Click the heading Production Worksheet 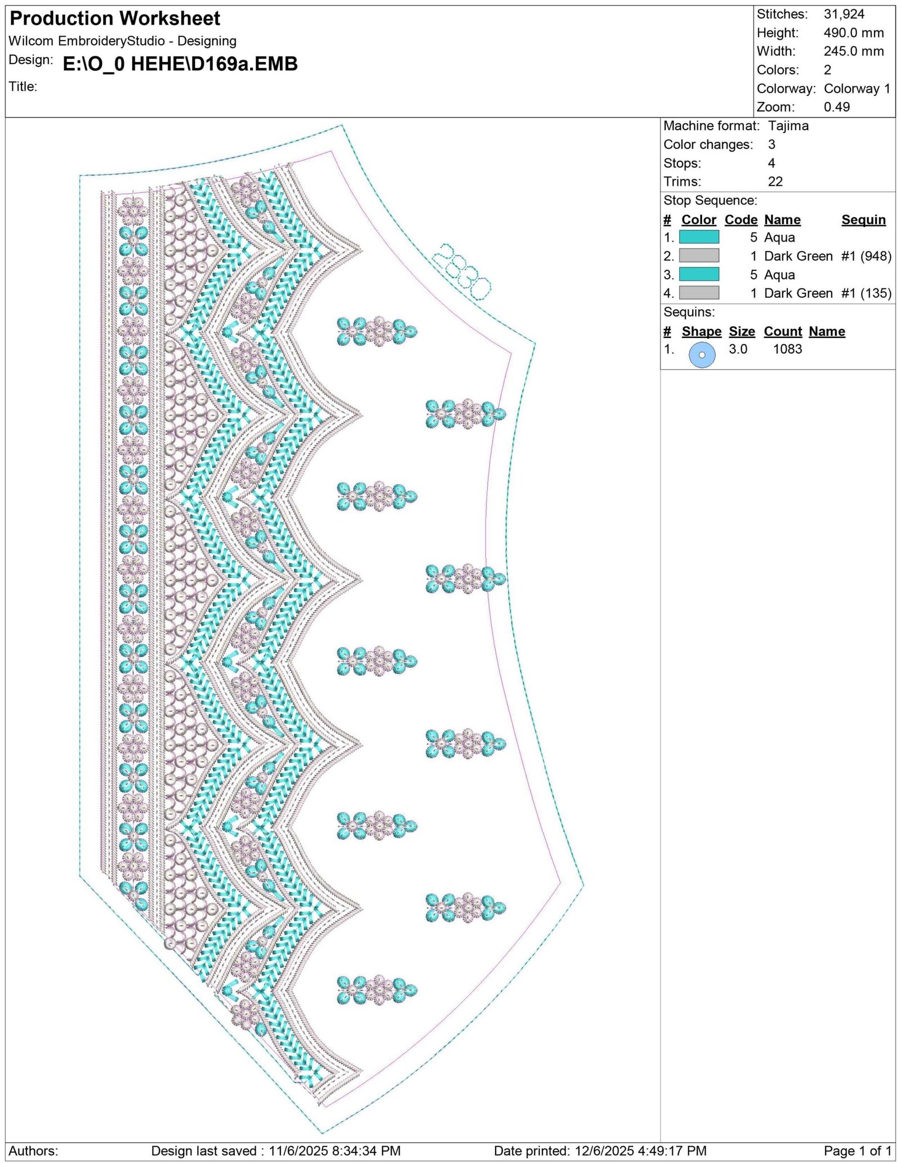coord(115,19)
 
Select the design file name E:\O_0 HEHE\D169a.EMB coord(180,64)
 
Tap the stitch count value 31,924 coord(844,14)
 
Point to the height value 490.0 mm coord(854,33)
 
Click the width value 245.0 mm coord(854,51)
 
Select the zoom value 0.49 coord(837,107)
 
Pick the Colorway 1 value coord(857,88)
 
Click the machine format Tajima coord(788,126)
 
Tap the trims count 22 coord(775,181)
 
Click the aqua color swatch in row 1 coord(699,237)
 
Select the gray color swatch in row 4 coord(699,293)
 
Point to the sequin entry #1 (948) coord(866,256)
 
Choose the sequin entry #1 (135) coord(866,293)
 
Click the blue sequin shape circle coord(702,355)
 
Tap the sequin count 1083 coord(787,349)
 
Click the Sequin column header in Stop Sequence coord(863,220)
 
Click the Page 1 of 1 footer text coord(858,1151)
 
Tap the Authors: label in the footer coord(33,1151)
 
